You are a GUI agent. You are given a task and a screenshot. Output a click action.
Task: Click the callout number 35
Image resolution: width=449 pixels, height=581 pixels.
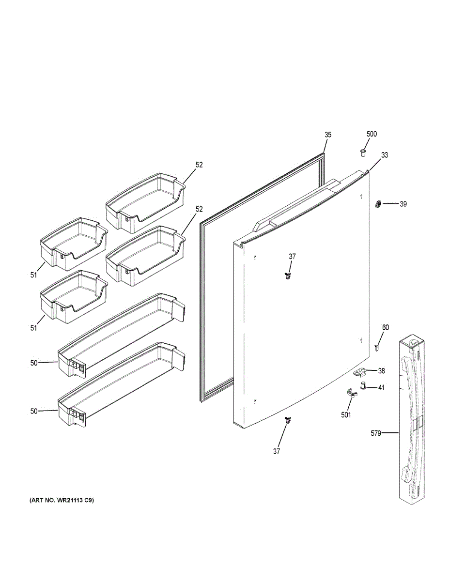point(328,135)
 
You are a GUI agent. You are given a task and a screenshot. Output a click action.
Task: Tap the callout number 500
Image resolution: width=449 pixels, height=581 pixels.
point(372,134)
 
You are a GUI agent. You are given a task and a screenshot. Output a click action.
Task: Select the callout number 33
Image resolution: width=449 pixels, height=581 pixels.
point(385,155)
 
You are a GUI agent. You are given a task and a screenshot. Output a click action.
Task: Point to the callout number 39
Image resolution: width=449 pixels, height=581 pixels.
point(403,204)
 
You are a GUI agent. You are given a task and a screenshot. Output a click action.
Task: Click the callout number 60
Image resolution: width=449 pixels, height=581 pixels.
point(385,328)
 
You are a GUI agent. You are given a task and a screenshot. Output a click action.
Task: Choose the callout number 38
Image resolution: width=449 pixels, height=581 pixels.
point(382,371)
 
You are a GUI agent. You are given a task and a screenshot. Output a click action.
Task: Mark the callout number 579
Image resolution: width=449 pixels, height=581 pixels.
point(376,433)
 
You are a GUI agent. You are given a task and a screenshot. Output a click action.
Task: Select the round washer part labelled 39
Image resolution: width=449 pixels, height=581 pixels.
point(377,204)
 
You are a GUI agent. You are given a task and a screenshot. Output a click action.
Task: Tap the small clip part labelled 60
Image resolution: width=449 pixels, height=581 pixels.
point(377,346)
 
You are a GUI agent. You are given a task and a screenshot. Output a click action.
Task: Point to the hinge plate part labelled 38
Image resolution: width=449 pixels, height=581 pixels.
point(360,372)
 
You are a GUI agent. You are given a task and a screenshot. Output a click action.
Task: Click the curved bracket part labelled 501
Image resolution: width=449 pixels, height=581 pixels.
point(351,393)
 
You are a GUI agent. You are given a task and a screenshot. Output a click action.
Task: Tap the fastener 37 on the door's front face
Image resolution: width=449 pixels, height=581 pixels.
point(289,276)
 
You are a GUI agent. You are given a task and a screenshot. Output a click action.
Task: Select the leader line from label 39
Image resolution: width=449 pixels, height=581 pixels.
point(390,204)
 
